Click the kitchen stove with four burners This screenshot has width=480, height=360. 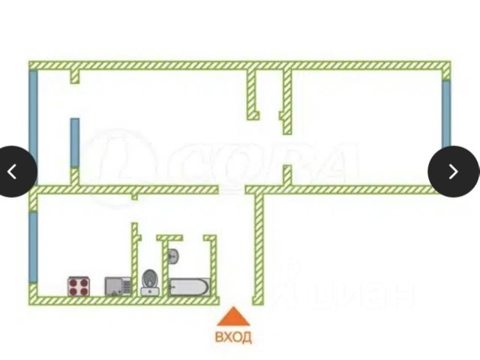[x=79, y=285]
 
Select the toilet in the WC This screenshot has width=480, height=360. [x=149, y=281]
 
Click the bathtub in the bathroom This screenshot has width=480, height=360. [x=187, y=286]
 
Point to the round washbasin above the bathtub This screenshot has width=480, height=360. [x=174, y=256]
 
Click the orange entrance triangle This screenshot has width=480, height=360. [x=234, y=316]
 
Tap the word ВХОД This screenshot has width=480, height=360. [x=234, y=337]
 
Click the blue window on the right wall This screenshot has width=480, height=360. [x=446, y=113]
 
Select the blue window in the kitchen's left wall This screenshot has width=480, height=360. [x=33, y=247]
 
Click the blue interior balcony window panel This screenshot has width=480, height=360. [x=75, y=142]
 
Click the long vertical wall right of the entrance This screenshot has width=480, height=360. [x=258, y=247]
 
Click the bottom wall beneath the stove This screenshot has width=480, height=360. [x=79, y=300]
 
